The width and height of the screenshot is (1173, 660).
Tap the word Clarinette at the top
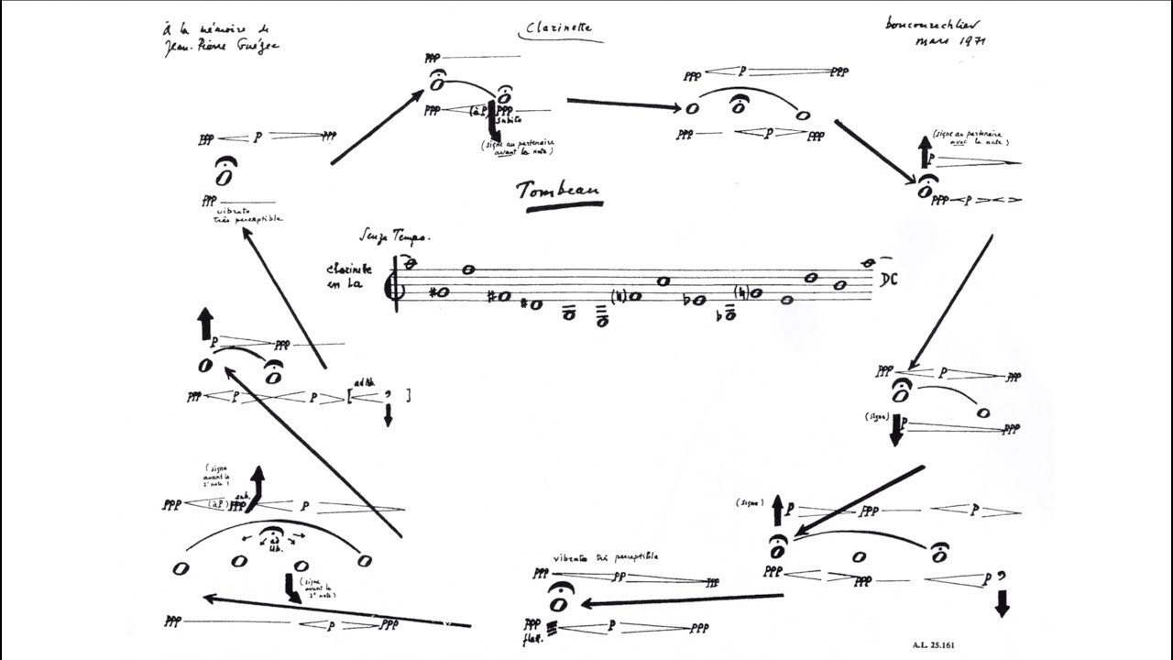560,29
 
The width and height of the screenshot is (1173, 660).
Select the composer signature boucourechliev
937,24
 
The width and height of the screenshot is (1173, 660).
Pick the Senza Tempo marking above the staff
394,236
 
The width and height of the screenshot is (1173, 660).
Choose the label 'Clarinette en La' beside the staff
349,276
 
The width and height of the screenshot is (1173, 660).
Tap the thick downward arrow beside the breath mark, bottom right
1002,603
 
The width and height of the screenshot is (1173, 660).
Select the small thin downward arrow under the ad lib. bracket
388,416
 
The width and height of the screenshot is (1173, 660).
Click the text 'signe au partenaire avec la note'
970,138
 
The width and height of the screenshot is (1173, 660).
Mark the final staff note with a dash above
868,264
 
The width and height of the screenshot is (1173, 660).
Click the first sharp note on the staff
439,292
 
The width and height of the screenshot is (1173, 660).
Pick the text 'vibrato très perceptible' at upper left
242,215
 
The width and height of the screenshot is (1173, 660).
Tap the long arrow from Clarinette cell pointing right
623,104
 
